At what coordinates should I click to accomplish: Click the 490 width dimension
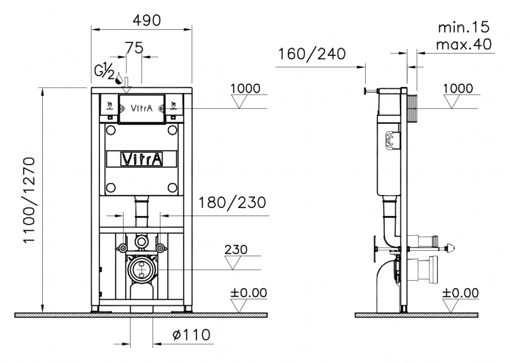[x=146, y=20]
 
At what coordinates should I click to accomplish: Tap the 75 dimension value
[x=135, y=48]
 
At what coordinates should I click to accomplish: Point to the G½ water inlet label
[x=105, y=72]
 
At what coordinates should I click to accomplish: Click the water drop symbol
[x=120, y=78]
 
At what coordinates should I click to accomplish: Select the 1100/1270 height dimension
[x=29, y=200]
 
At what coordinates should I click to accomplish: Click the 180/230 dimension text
[x=232, y=203]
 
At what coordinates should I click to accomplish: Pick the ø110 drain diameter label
[x=191, y=334]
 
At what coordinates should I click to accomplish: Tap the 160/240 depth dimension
[x=312, y=54]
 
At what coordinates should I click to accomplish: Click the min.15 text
[x=464, y=27]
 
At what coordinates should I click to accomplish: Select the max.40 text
[x=464, y=44]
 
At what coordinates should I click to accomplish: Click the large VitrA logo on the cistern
[x=142, y=159]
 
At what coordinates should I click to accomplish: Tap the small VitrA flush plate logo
[x=141, y=108]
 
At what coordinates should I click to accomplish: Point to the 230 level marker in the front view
[x=236, y=249]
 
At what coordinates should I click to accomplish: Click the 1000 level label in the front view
[x=245, y=88]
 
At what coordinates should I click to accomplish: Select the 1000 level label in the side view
[x=458, y=88]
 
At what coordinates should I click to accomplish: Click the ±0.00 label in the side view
[x=460, y=293]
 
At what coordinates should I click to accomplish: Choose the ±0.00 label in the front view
[x=248, y=293]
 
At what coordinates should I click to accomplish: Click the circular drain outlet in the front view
[x=141, y=269]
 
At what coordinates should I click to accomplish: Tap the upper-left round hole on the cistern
[x=111, y=130]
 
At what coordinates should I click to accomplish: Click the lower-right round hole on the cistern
[x=173, y=188]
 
